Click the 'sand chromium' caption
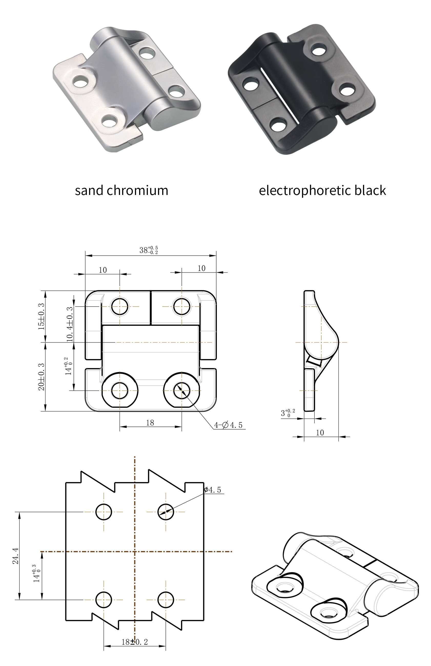(x=121, y=191)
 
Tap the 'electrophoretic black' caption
(x=322, y=191)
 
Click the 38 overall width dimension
(x=148, y=250)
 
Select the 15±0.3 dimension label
(x=41, y=316)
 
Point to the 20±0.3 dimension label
(x=41, y=377)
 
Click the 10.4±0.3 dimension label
(x=69, y=324)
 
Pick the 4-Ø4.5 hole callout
(x=228, y=425)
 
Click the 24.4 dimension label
(x=16, y=556)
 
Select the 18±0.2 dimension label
(x=135, y=642)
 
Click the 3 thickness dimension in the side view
(x=288, y=413)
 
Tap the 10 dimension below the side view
(x=320, y=433)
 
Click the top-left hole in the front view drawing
(x=120, y=306)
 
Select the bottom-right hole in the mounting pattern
(x=166, y=600)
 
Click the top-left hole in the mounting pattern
(x=104, y=512)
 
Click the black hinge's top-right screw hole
(x=319, y=51)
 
